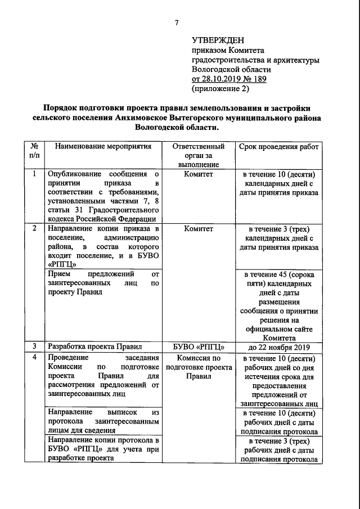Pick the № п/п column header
[x=34, y=151]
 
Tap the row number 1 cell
[x=34, y=174]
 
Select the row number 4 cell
[x=34, y=358]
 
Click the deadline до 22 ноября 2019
[x=278, y=346]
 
